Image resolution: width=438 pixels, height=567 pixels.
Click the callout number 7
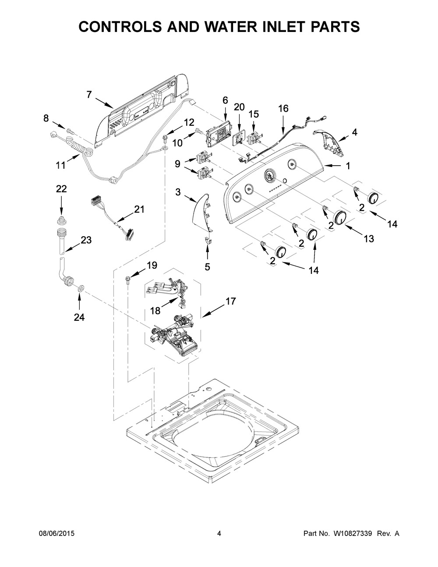(x=89, y=94)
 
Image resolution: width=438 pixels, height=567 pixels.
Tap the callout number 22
(x=61, y=189)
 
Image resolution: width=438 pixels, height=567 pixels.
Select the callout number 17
(x=230, y=301)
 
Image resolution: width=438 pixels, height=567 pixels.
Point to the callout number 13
(x=369, y=238)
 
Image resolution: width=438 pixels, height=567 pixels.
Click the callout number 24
(x=79, y=317)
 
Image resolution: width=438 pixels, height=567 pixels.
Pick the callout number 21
(x=139, y=209)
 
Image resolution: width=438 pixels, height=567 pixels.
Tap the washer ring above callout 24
(x=81, y=288)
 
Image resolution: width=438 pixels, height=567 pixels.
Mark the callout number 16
(x=283, y=108)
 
